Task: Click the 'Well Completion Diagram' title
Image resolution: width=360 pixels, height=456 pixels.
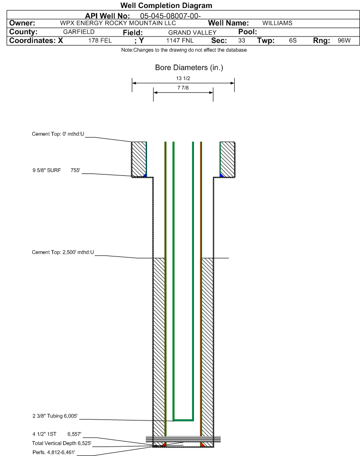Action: coord(166,6)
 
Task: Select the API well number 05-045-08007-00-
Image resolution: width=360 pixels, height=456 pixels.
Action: coord(171,16)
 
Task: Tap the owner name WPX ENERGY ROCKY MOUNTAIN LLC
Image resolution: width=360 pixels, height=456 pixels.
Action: coord(118,23)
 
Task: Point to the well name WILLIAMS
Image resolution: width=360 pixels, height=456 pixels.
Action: coord(277,23)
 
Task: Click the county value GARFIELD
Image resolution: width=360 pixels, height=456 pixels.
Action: coord(79,32)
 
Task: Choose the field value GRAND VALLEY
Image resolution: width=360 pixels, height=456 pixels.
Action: coord(193,33)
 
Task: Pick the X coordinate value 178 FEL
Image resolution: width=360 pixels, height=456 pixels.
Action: coord(100,40)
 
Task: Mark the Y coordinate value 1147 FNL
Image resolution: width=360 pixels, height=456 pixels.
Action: coord(180,40)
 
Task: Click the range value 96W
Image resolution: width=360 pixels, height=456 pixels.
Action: coord(344,40)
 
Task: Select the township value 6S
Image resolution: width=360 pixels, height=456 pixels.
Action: coord(293,40)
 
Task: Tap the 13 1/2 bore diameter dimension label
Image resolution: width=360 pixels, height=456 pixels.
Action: coord(183,78)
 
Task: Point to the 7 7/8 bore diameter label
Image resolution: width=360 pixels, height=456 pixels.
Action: coord(183,88)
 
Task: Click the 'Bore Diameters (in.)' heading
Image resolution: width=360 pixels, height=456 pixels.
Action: coord(189,68)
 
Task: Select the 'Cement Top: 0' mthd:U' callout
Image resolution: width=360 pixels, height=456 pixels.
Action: coord(58,134)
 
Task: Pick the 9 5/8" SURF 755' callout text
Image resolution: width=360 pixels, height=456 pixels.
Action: coord(56,171)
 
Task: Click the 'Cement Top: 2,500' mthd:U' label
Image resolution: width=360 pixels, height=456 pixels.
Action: coord(63,253)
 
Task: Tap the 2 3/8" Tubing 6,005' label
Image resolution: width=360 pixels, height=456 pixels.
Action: coord(55,416)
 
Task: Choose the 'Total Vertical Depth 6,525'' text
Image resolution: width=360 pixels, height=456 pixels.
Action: coord(62,444)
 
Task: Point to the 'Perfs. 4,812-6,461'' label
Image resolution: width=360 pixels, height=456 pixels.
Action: coord(54,453)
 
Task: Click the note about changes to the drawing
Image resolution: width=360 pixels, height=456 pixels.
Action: coord(184,50)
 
